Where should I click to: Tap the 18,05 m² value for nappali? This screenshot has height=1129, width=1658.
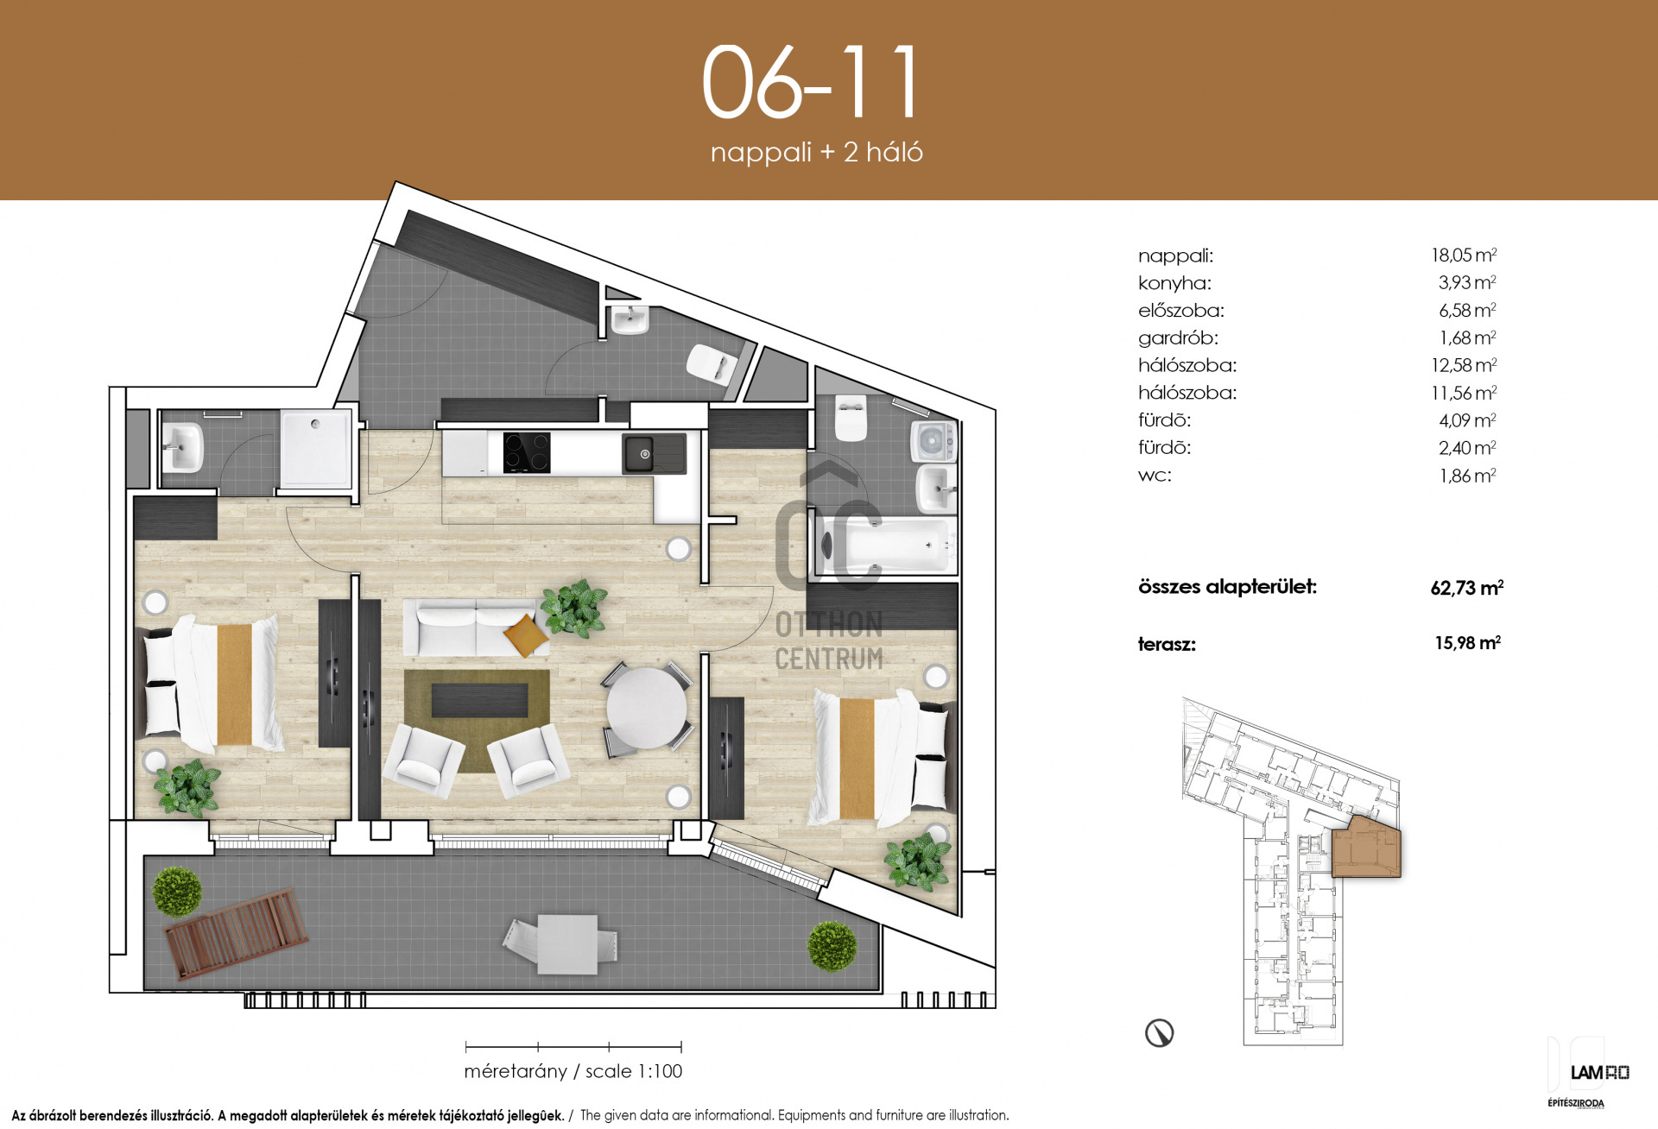point(1464,255)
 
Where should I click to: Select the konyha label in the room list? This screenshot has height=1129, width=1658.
point(1174,283)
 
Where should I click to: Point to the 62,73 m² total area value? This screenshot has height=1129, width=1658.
point(1466,588)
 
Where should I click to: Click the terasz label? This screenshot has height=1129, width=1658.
point(1167,644)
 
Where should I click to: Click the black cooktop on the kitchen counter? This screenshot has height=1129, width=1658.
point(527,452)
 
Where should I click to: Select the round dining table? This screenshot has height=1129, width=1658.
point(647,709)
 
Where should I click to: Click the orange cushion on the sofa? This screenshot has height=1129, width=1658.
point(526,635)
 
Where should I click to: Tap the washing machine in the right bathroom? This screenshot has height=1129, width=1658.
point(933,440)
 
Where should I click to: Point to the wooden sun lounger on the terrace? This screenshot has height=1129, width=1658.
point(237,934)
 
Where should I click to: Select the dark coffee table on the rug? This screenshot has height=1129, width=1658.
point(479,700)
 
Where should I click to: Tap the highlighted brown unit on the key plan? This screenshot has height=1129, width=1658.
point(1366,848)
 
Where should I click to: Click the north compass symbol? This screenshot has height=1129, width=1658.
point(1159,1033)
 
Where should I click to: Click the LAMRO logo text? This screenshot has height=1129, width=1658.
point(1599,1073)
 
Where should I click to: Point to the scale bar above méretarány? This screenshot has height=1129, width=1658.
point(573,1047)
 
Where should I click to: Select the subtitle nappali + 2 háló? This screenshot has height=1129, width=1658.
point(816,153)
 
